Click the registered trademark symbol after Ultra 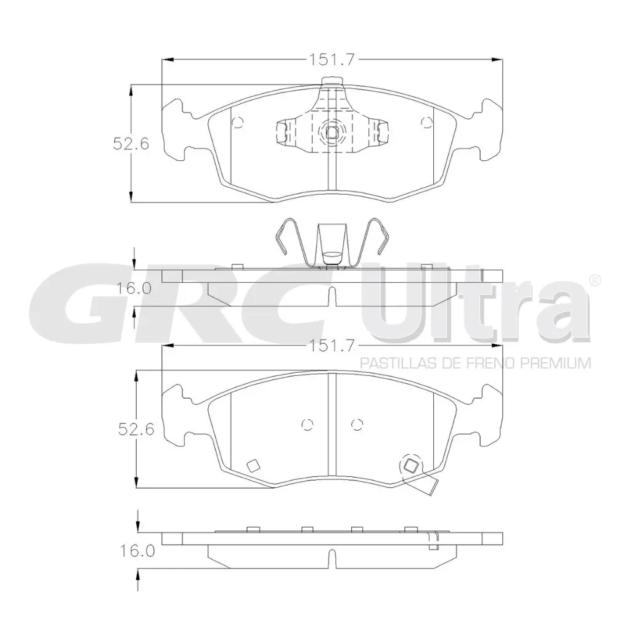click(595, 280)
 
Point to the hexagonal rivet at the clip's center click(332, 131)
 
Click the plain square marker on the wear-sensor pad click(252, 466)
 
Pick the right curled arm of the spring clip click(377, 237)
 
